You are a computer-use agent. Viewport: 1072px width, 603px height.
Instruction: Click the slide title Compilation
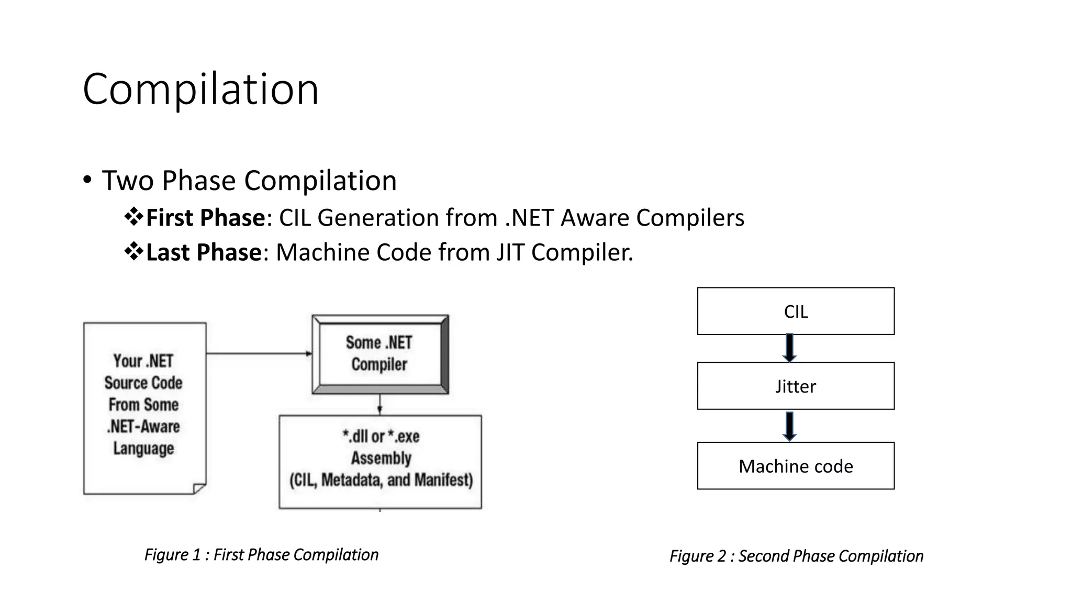click(x=200, y=90)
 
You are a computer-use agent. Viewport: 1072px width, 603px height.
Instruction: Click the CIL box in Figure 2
click(x=795, y=311)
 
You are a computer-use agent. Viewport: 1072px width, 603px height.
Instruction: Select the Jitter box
click(x=795, y=386)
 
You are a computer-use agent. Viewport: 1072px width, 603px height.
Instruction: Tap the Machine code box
click(x=795, y=466)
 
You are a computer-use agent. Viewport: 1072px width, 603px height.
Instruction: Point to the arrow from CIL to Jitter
click(x=789, y=348)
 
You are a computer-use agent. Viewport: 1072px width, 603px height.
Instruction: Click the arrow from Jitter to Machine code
click(x=789, y=426)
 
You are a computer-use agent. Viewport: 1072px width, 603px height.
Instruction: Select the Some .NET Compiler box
click(x=379, y=354)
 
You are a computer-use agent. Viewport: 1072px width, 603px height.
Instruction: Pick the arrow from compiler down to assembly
click(x=379, y=404)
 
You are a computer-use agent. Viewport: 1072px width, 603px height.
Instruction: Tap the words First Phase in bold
click(x=205, y=218)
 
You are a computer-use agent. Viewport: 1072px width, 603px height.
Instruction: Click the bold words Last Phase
click(x=203, y=252)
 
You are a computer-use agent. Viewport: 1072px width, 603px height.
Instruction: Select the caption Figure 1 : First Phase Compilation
click(x=261, y=554)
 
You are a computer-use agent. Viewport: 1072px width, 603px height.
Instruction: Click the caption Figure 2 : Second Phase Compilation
click(x=796, y=556)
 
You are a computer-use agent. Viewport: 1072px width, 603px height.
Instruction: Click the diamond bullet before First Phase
click(x=134, y=217)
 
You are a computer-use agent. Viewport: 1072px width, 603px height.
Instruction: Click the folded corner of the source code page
click(x=199, y=488)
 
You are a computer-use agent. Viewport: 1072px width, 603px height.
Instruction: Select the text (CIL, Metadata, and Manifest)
click(x=381, y=480)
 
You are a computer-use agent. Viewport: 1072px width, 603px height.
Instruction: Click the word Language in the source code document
click(x=143, y=449)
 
